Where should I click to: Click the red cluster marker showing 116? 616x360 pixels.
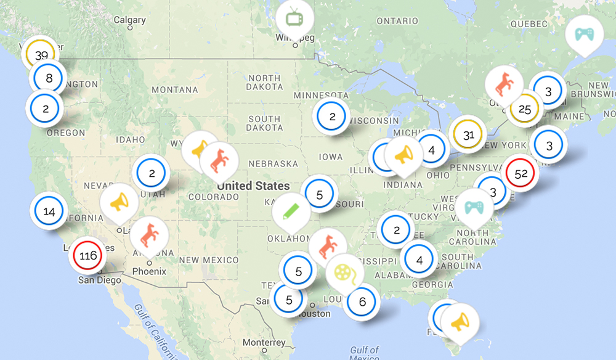(89, 255)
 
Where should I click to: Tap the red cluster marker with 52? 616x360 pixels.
(521, 174)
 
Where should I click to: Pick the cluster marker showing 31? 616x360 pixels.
(468, 136)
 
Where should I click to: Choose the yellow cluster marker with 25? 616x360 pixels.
(524, 110)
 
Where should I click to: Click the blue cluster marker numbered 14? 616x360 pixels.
(49, 211)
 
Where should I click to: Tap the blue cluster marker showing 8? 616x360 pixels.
(49, 78)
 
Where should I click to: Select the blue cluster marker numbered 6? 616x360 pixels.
(362, 302)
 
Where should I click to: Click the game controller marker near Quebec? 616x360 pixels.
(583, 34)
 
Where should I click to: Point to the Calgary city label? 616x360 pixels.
(129, 20)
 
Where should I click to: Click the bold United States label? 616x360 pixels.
(253, 186)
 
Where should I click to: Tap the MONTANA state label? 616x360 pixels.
(174, 90)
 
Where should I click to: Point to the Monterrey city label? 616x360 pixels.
(264, 342)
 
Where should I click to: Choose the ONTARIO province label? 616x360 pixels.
(397, 21)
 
